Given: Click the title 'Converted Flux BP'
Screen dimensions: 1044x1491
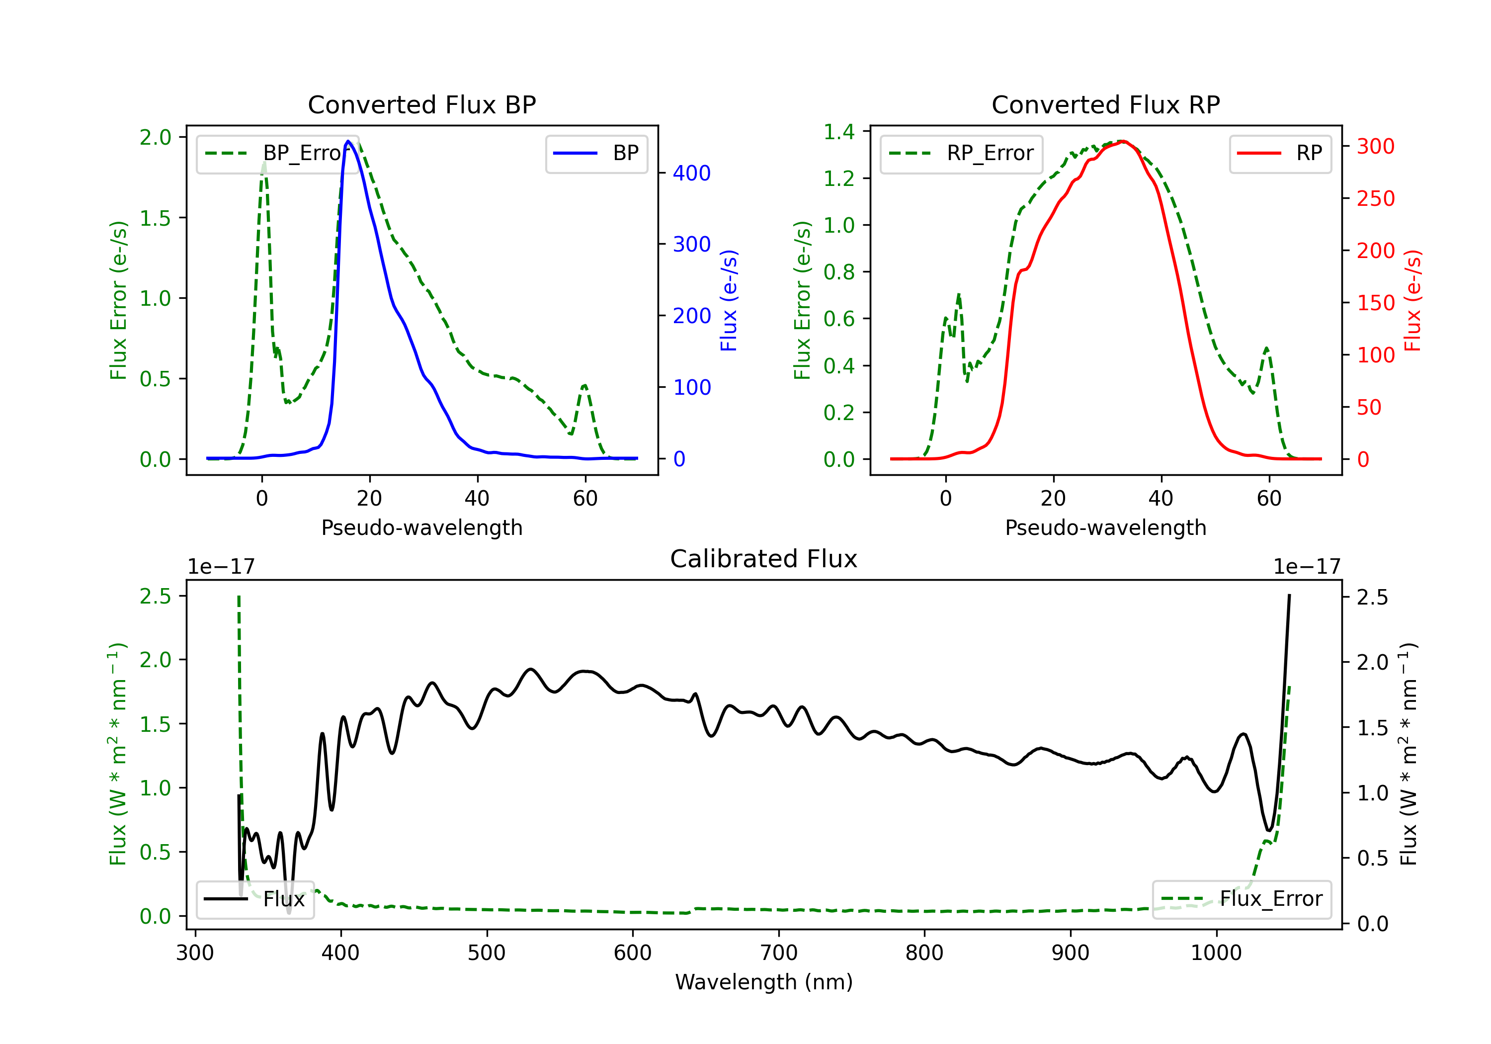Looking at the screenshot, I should click(x=421, y=104).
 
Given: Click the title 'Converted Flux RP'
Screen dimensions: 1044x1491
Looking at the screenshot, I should click(x=1105, y=104).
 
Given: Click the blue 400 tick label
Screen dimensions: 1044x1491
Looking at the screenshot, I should click(x=692, y=174).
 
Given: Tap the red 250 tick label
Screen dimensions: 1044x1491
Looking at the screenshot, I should click(x=1375, y=199).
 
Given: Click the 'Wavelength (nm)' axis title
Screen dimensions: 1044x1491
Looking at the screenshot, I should click(x=764, y=982).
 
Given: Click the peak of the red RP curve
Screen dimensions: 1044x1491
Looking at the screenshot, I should click(x=1123, y=141).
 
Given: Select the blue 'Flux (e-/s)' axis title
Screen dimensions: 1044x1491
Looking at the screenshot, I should click(x=729, y=300).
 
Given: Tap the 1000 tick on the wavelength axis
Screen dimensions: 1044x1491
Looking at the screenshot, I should click(x=1216, y=953).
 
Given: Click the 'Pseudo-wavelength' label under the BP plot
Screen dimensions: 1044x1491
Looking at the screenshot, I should click(x=421, y=527).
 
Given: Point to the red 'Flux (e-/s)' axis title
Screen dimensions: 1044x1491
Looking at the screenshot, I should click(x=1412, y=300).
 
